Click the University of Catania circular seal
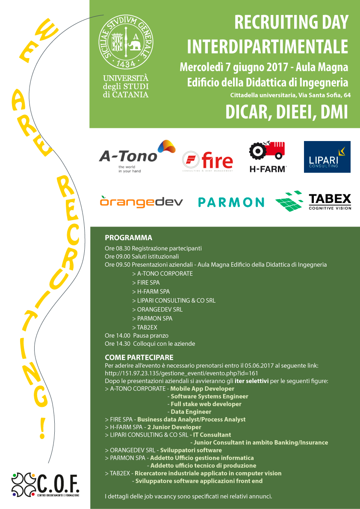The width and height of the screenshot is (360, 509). tap(126, 41)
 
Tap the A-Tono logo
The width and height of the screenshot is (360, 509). tap(137, 156)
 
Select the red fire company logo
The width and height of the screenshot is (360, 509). tap(208, 162)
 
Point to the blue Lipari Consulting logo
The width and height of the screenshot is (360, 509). tap(327, 157)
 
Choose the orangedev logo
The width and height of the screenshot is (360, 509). tap(141, 202)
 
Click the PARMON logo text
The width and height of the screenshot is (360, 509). tap(231, 203)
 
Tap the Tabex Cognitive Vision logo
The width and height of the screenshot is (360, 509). tap(313, 201)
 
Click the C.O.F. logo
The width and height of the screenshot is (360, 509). tap(45, 485)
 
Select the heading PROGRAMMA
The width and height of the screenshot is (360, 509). tap(129, 238)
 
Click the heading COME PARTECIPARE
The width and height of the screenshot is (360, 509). tap(139, 357)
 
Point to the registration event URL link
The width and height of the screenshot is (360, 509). tap(181, 373)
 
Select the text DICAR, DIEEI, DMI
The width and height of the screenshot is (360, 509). tap(286, 112)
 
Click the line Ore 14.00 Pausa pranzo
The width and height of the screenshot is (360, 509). tap(137, 335)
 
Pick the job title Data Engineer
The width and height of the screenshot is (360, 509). tap(191, 412)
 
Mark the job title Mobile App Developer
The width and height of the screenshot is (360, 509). tap(202, 388)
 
